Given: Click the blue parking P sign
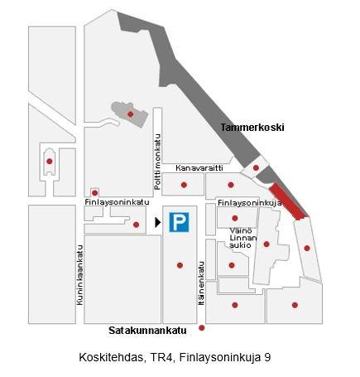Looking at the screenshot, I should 178,222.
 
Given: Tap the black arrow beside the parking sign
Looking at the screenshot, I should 158,222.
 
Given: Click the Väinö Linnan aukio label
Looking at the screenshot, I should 241,237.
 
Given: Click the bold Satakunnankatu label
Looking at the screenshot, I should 146,329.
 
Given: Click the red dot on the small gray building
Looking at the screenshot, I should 130,114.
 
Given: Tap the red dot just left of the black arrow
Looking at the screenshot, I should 137,224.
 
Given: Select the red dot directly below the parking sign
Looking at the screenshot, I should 180,265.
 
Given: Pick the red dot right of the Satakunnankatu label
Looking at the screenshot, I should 201,329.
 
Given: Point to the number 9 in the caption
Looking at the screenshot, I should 267,358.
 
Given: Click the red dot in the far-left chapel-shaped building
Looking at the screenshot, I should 50,161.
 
